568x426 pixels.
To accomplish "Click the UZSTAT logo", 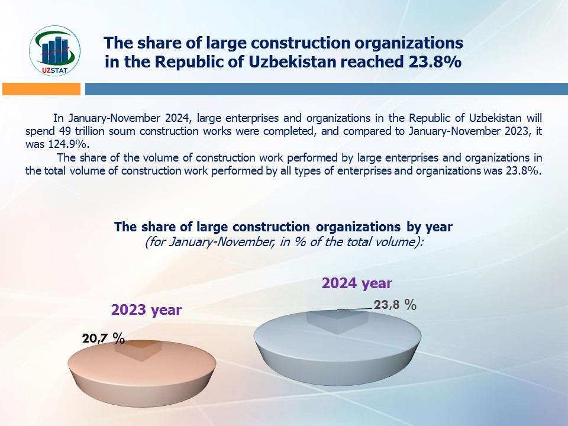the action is point(54,51).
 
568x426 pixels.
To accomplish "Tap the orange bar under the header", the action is point(41,89).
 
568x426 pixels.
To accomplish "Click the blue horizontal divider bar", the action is point(327,89).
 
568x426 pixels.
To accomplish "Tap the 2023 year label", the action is point(146,309).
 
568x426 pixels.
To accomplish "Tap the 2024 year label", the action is point(357,283).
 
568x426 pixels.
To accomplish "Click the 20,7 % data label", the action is point(104,338).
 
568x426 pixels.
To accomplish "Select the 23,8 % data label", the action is point(395,305).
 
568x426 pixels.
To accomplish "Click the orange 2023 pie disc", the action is point(142,373).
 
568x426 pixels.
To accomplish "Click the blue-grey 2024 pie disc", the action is point(337,347).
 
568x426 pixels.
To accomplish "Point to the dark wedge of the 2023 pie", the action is point(138,350).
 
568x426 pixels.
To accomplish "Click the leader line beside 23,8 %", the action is point(355,309).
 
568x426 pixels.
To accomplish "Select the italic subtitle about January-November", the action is point(284,242).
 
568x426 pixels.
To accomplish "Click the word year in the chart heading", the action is point(438,227).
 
